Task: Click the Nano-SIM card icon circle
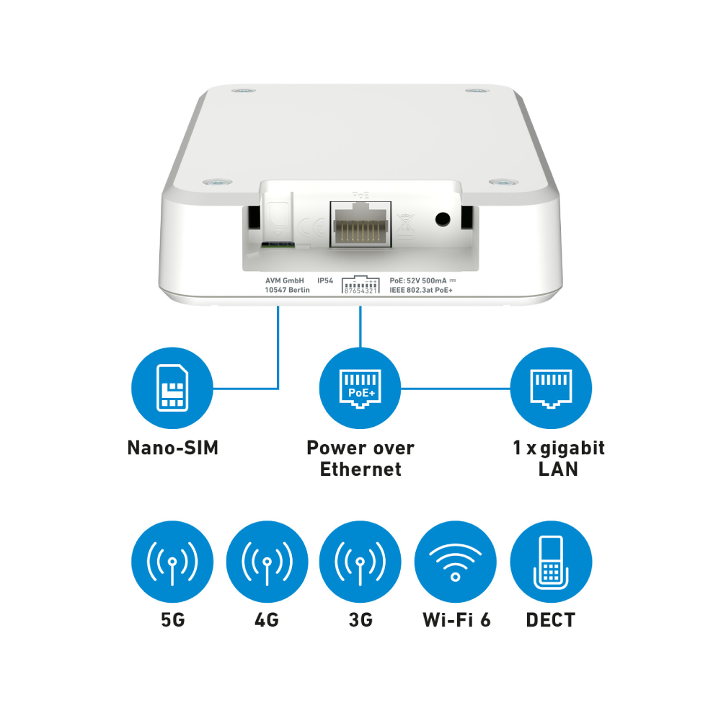pyautogui.click(x=172, y=388)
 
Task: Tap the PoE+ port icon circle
pyautogui.click(x=360, y=388)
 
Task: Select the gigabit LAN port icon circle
pyautogui.click(x=551, y=388)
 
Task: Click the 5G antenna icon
pyautogui.click(x=172, y=562)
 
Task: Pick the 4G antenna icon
pyautogui.click(x=267, y=562)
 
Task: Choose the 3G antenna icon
pyautogui.click(x=360, y=562)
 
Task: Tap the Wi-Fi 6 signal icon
pyautogui.click(x=455, y=562)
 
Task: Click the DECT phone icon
pyautogui.click(x=551, y=562)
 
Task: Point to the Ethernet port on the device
pyautogui.click(x=360, y=224)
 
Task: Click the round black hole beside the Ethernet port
pyautogui.click(x=443, y=219)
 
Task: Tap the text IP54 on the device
pyautogui.click(x=325, y=280)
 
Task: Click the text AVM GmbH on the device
pyautogui.click(x=285, y=280)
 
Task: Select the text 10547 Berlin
pyautogui.click(x=288, y=290)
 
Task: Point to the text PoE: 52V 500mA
pyautogui.click(x=418, y=280)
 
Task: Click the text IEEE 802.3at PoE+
pyautogui.click(x=421, y=290)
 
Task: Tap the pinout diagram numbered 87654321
pyautogui.click(x=360, y=285)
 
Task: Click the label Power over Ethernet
pyautogui.click(x=360, y=459)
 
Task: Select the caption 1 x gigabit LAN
pyautogui.click(x=558, y=459)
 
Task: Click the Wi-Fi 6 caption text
pyautogui.click(x=456, y=620)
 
